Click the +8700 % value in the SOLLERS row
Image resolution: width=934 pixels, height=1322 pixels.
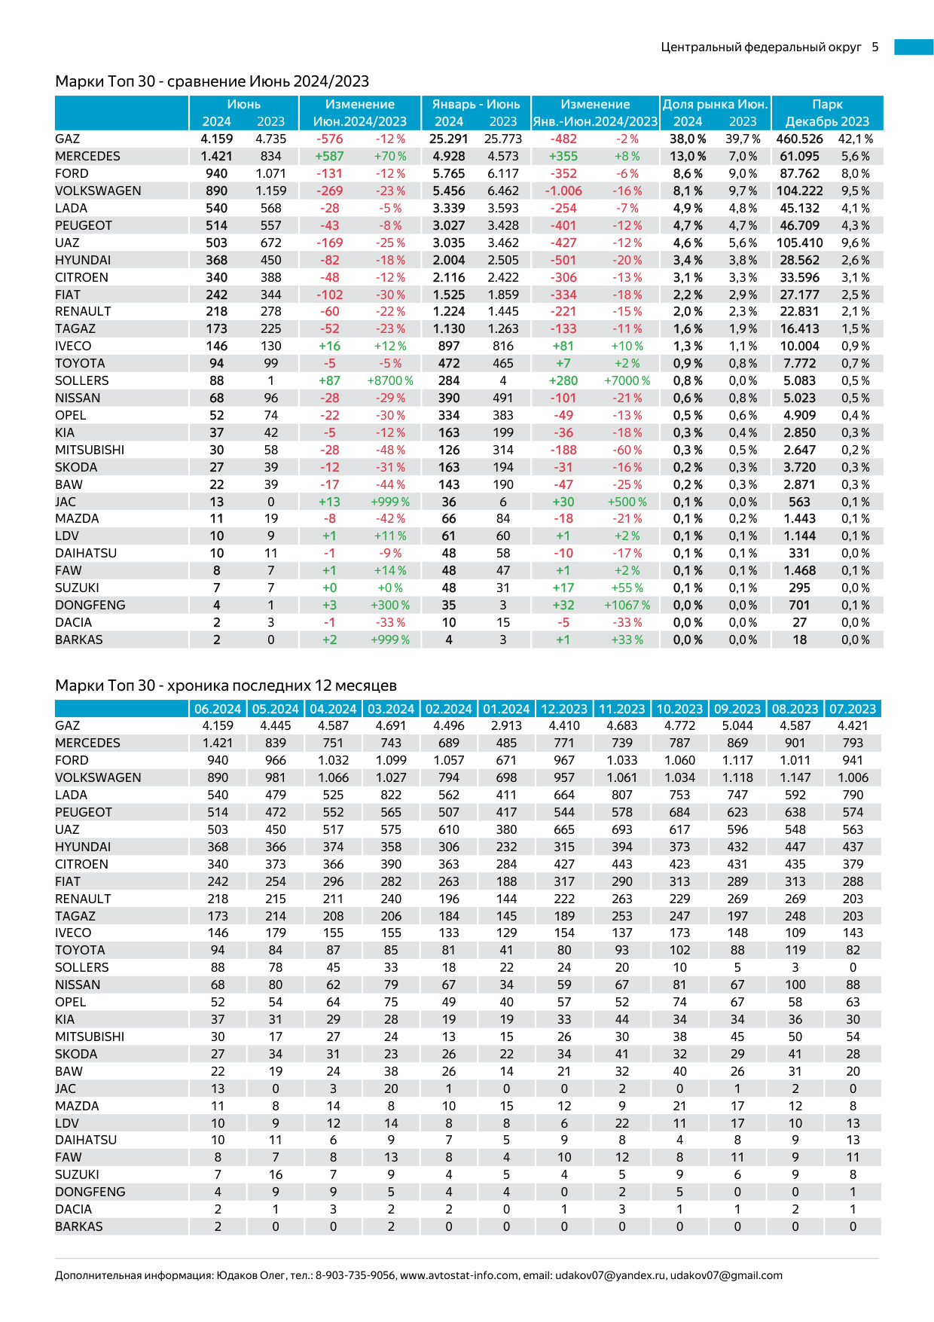(x=390, y=380)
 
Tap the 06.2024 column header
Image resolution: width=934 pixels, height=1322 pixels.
(x=218, y=709)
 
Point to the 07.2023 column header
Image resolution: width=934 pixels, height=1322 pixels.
(x=853, y=709)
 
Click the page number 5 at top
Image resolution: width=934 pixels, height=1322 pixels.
(x=875, y=47)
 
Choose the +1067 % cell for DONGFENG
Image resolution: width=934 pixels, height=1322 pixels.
(x=627, y=605)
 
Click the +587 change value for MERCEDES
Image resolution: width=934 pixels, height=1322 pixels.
(x=329, y=156)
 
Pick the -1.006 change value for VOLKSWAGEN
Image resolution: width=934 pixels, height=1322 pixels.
(x=563, y=191)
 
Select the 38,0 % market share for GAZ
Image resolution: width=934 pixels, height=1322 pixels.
(x=688, y=139)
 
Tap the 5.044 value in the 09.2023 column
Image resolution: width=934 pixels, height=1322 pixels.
(x=737, y=725)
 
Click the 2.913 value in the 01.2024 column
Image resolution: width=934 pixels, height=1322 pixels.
(x=506, y=725)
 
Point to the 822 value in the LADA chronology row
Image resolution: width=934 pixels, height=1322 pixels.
(x=391, y=795)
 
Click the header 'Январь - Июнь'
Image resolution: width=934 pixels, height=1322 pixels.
(x=475, y=104)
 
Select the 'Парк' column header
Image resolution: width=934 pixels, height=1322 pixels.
(x=827, y=104)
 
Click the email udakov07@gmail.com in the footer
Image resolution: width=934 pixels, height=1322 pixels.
(x=726, y=1275)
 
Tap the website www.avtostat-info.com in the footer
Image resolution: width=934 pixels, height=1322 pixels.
(x=459, y=1275)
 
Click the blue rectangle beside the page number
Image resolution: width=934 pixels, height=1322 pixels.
(x=914, y=47)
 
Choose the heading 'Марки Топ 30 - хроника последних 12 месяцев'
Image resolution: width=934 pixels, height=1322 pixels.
(x=226, y=685)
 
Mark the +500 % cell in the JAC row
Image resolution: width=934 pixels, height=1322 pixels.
(x=627, y=502)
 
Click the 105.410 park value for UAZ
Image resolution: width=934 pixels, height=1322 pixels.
(x=799, y=243)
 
